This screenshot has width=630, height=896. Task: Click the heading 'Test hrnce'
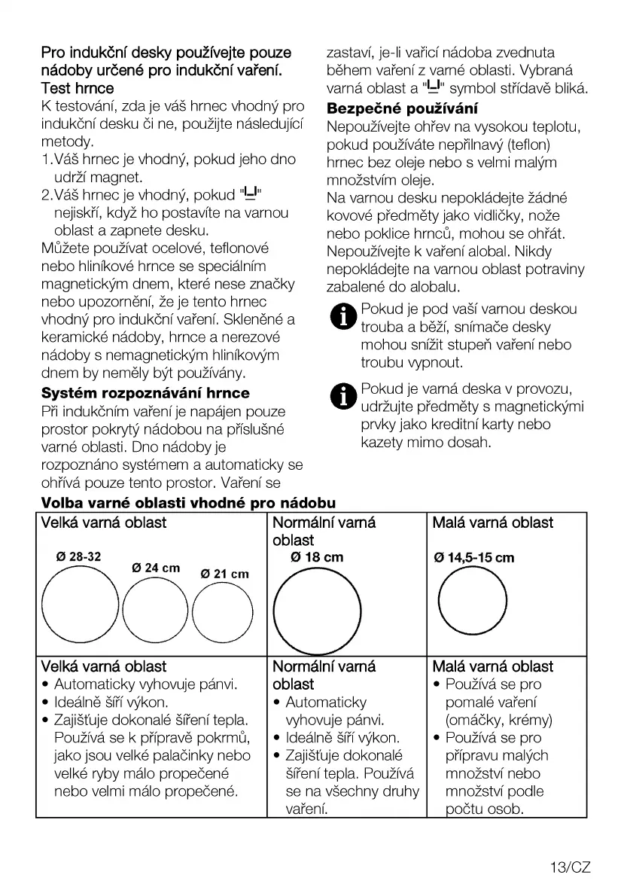click(78, 89)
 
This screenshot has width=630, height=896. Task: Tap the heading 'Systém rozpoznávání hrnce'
click(145, 393)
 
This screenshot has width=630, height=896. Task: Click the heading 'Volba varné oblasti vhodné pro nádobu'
click(188, 502)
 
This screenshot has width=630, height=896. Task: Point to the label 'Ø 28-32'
click(78, 557)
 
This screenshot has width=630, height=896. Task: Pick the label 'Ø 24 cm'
click(156, 567)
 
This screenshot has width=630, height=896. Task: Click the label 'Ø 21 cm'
click(224, 574)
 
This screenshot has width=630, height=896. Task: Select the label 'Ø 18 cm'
click(317, 557)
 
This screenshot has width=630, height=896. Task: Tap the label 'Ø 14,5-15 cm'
click(474, 558)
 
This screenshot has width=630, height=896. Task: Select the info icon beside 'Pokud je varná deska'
click(343, 396)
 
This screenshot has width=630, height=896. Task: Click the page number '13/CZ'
click(570, 867)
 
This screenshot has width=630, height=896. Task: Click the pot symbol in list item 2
click(249, 194)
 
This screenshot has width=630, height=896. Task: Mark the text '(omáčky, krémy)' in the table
click(498, 720)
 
